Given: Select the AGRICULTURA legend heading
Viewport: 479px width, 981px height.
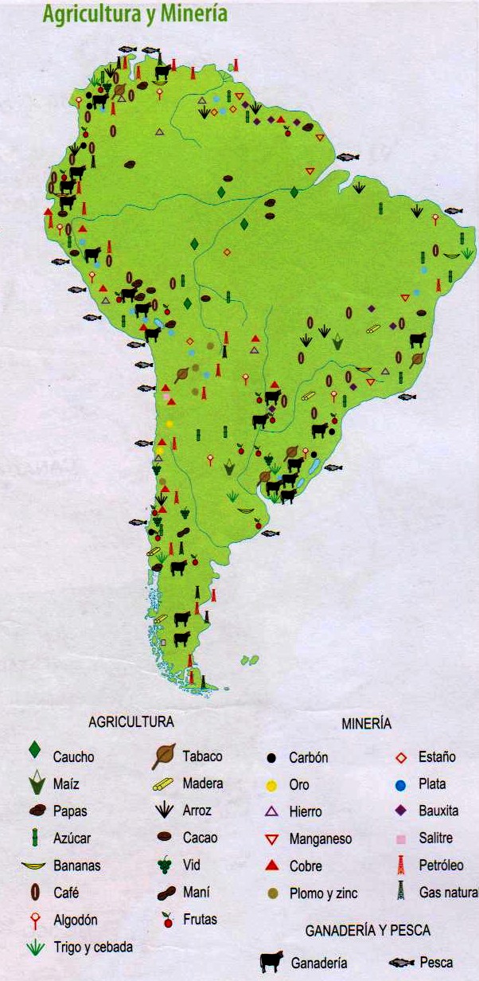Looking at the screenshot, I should tap(130, 722).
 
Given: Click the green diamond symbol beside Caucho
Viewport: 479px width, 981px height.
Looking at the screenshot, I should tap(34, 750).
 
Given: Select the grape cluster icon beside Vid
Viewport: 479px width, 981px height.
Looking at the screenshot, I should tap(165, 865).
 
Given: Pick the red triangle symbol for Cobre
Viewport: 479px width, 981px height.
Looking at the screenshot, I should tap(272, 866).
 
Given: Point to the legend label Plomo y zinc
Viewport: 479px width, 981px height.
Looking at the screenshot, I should tap(323, 893).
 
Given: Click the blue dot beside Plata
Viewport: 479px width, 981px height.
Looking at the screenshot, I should tap(402, 785).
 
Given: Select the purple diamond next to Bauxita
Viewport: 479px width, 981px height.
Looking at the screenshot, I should tap(402, 811).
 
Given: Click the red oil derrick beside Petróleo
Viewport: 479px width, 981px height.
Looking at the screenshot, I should tap(402, 865).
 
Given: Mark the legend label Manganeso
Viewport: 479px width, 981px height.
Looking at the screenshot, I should tap(320, 838).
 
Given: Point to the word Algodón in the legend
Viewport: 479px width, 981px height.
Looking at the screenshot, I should tap(76, 920).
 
